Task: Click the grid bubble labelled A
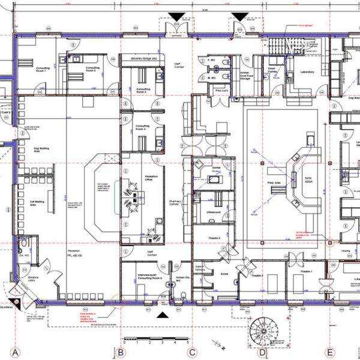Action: tap(16, 352)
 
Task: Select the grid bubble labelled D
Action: tap(262, 352)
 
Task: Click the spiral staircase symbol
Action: tap(264, 329)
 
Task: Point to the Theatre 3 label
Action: tap(214, 238)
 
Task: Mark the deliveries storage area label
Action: tap(139, 58)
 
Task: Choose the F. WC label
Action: tap(212, 61)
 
